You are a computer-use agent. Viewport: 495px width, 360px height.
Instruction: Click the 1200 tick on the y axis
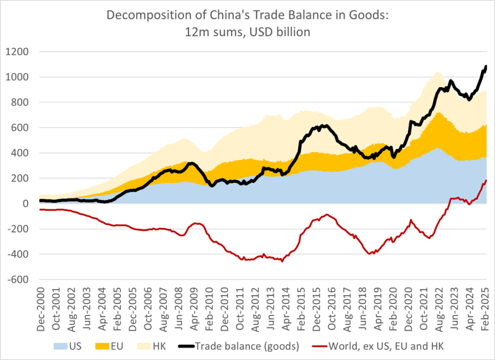[20, 52]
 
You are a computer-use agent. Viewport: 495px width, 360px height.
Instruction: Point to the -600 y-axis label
[19, 280]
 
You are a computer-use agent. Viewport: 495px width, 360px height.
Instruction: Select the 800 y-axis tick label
[22, 103]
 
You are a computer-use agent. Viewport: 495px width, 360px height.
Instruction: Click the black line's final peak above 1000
[486, 66]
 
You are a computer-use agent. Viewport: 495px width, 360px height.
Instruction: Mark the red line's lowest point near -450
[282, 261]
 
